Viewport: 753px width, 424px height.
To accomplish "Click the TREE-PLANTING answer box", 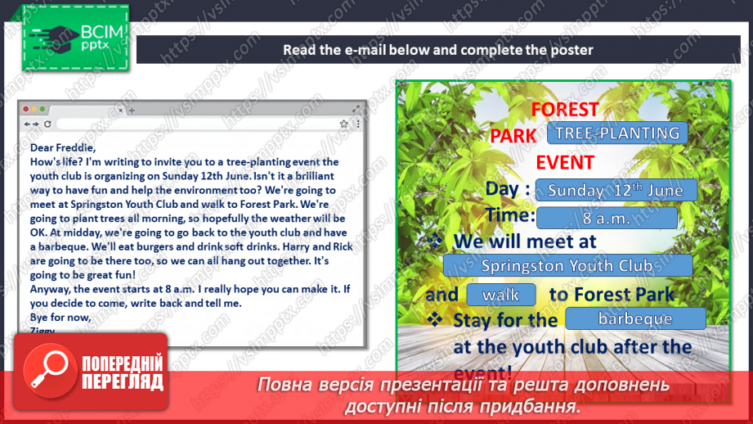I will pyautogui.click(x=616, y=133).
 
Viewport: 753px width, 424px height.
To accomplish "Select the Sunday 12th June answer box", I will pyautogui.click(x=616, y=190).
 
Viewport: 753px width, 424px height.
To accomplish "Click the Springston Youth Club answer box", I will pyautogui.click(x=567, y=265).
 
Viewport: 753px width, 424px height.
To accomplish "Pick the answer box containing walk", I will pyautogui.click(x=501, y=295).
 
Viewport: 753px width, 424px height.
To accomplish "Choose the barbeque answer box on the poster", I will pyautogui.click(x=634, y=319).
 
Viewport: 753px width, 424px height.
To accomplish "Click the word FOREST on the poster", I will pyautogui.click(x=565, y=110).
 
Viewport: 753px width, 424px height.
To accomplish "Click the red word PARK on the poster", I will pyautogui.click(x=513, y=136).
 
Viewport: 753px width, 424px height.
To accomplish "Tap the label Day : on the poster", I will pyautogui.click(x=508, y=189).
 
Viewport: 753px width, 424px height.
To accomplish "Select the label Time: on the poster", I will pyautogui.click(x=510, y=216).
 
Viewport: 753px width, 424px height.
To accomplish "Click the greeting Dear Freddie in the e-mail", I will pyautogui.click(x=63, y=147).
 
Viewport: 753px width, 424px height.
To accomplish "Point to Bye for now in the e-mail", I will pyautogui.click(x=61, y=317).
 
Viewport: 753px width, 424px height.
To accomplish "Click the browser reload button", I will pyautogui.click(x=47, y=124).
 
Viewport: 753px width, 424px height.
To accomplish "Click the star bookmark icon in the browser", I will pyautogui.click(x=344, y=124).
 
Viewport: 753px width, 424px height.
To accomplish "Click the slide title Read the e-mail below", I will pyautogui.click(x=438, y=50).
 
